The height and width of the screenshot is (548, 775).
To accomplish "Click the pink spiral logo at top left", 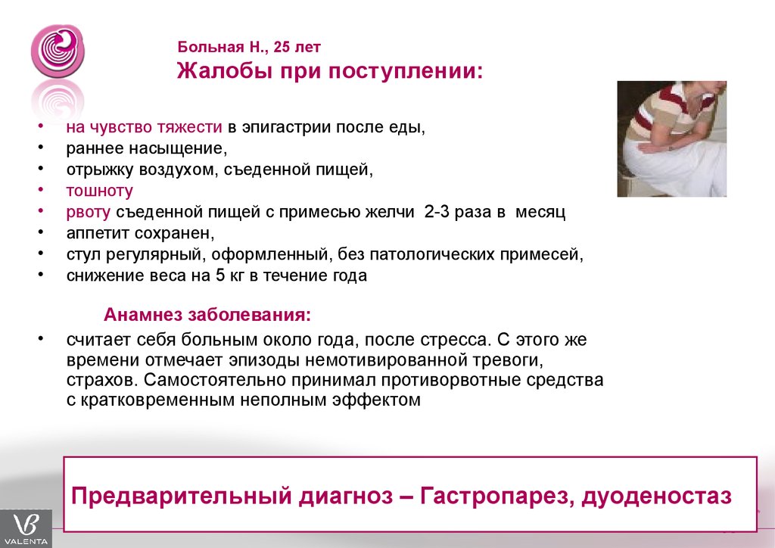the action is pyautogui.click(x=58, y=51).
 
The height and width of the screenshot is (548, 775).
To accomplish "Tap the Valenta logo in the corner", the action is pyautogui.click(x=26, y=529).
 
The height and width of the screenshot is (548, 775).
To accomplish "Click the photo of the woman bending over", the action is pyautogui.click(x=672, y=139).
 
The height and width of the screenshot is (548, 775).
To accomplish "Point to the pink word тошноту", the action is pyautogui.click(x=99, y=191).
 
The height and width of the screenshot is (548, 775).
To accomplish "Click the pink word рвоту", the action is pyautogui.click(x=89, y=213).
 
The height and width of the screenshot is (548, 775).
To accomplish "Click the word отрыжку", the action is pyautogui.click(x=101, y=170).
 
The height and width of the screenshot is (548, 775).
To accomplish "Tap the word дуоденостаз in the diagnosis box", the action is pyautogui.click(x=656, y=496).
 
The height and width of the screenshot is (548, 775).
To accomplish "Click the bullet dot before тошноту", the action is pyautogui.click(x=41, y=190).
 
